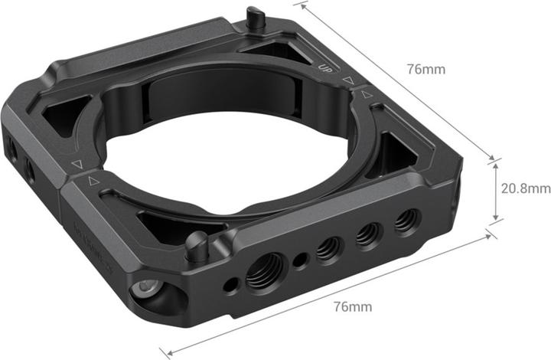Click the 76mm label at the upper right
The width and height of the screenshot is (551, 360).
(x=426, y=68)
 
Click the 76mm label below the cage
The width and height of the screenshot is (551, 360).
(x=353, y=306)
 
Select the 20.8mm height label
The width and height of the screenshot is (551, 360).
(x=526, y=188)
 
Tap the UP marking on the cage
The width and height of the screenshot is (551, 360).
(x=324, y=66)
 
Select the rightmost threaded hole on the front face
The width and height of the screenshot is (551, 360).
(x=406, y=221)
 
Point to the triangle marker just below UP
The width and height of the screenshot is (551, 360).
(x=348, y=79)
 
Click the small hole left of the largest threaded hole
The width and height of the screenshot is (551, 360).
(x=229, y=285)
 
